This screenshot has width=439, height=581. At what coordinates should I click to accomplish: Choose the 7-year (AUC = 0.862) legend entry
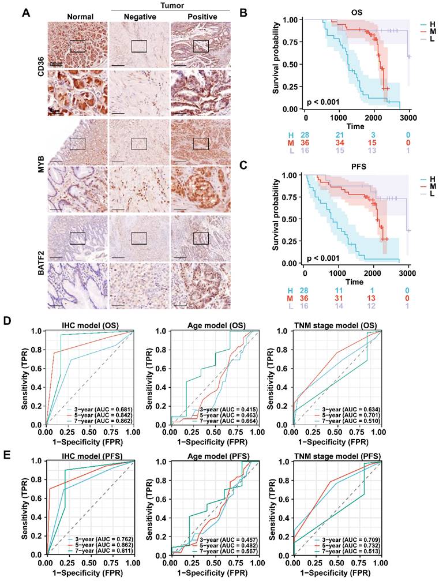click(102, 421)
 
